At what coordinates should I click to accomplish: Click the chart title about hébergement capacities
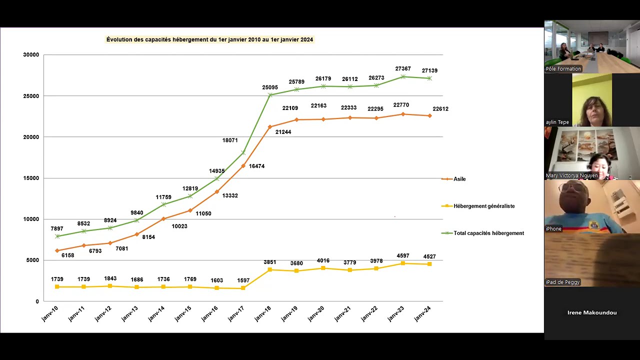click(209, 39)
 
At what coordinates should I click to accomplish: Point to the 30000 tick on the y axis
click(31, 55)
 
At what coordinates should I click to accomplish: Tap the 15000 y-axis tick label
click(31, 178)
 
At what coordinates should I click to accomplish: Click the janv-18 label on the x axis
click(263, 313)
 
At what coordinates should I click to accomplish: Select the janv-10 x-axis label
click(50, 313)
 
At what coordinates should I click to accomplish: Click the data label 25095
click(270, 87)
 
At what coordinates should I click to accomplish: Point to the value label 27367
click(403, 68)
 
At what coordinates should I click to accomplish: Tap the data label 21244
click(283, 132)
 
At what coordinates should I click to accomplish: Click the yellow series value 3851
click(269, 262)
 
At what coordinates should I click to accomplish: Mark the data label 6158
click(67, 255)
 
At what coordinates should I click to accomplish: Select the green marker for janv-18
click(270, 95)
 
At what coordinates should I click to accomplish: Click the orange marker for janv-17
click(243, 165)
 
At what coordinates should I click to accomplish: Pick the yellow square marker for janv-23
click(403, 263)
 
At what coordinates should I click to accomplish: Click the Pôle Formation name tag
click(563, 69)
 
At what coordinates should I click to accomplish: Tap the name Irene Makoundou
click(592, 312)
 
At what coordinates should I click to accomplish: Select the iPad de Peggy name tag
click(562, 282)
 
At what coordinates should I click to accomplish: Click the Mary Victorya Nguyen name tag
click(571, 175)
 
